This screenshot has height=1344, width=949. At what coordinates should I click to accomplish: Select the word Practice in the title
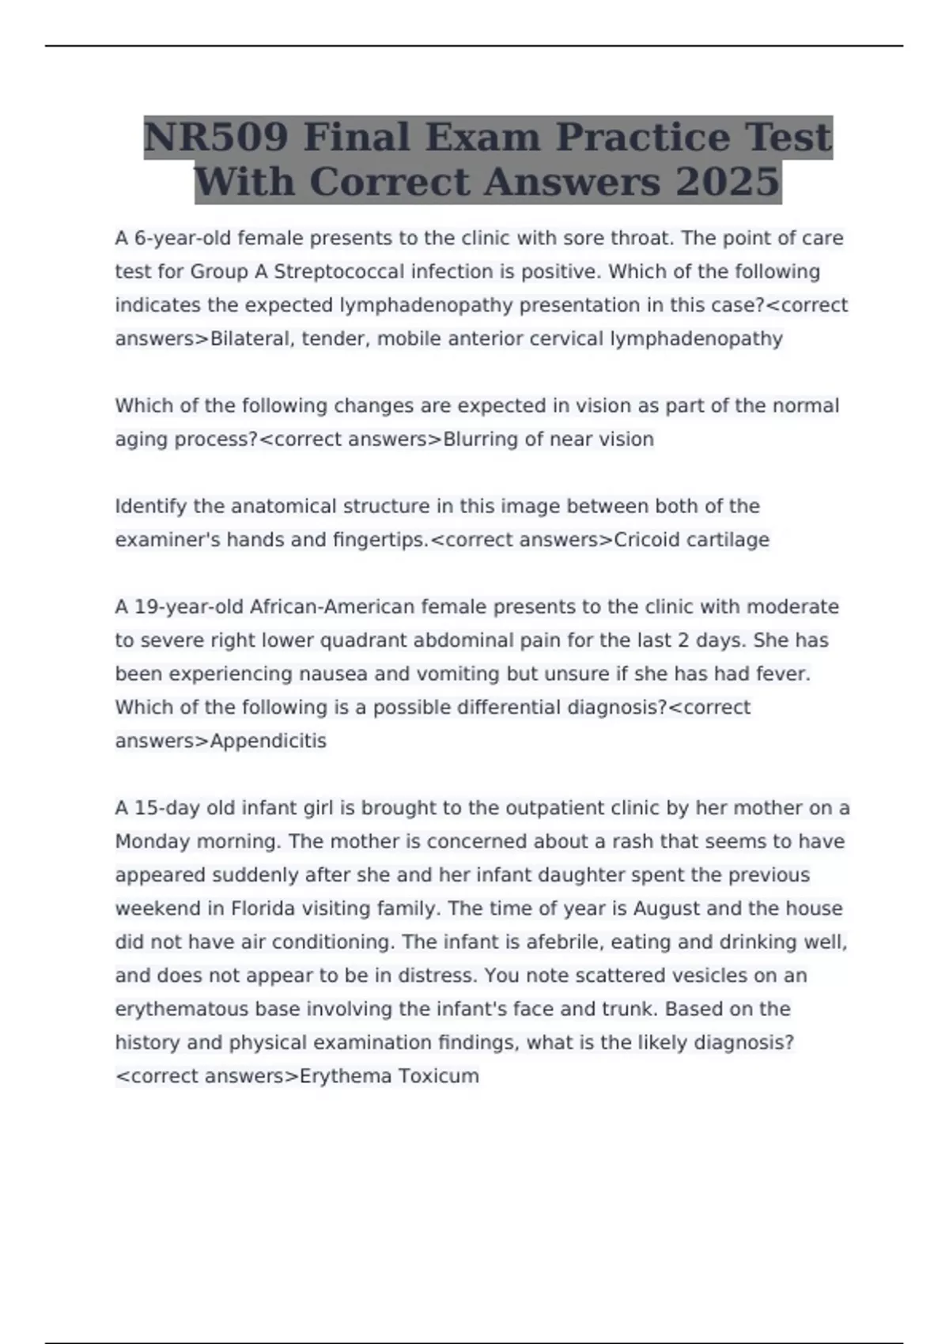coord(641,137)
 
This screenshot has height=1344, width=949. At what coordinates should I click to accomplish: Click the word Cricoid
coord(646,540)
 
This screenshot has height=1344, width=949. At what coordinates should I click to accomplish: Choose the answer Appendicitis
coord(268,742)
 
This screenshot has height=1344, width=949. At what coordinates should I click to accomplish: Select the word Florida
coord(262,909)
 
